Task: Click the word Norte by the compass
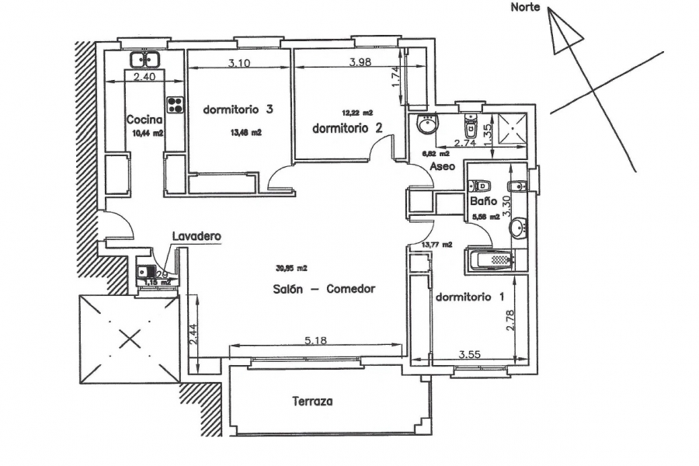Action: point(525,8)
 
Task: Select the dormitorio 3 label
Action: point(238,110)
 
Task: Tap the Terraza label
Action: point(313,402)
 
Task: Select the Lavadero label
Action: point(198,235)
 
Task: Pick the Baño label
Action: point(484,201)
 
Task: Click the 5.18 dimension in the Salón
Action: point(313,340)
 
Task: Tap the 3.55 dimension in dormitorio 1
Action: point(469,355)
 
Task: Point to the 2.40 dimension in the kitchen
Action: point(144,77)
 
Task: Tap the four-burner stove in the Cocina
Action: point(174,103)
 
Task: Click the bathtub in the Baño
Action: point(489,261)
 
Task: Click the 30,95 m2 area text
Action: point(291,269)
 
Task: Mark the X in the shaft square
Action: point(127,338)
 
